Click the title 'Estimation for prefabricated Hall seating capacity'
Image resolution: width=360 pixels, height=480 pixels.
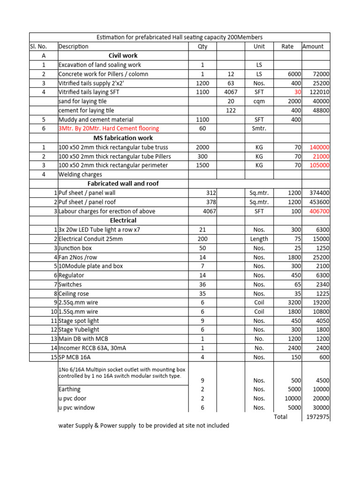coord(180,37)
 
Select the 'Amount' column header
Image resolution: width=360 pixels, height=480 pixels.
coord(313,46)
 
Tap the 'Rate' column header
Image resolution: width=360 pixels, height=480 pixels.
coord(287,46)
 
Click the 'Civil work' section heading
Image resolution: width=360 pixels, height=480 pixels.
coord(123,55)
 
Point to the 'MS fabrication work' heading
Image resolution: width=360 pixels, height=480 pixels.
coord(123,138)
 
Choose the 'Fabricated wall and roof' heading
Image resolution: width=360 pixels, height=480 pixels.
coord(123,183)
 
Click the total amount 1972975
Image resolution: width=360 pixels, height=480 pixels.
coord(317,417)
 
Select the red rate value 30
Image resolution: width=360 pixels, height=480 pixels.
coord(298,92)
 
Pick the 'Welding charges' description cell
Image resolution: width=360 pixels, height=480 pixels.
coord(80,174)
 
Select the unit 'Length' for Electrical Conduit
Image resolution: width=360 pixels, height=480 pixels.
coord(259,239)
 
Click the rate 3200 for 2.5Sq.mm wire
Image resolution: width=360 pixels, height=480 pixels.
coord(294,302)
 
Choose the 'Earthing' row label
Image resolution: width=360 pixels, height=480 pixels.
coord(69,389)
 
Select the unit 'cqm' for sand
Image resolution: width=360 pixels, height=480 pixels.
coord(259,101)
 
